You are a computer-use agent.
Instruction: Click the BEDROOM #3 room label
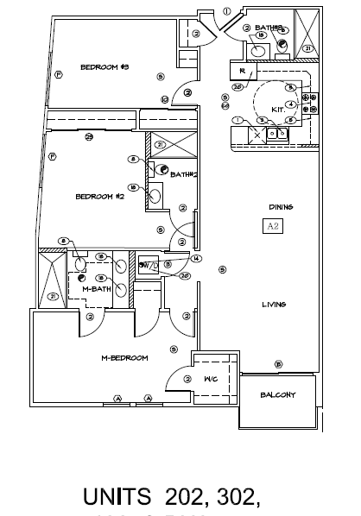pos(104,67)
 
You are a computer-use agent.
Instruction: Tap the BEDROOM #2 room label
pos(101,197)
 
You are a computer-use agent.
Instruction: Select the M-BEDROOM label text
pos(124,357)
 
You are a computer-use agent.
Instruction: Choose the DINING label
pos(281,207)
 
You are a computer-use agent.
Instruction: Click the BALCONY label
pos(278,395)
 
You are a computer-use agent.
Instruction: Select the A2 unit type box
pos(272,227)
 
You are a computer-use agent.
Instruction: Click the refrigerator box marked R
pos(243,72)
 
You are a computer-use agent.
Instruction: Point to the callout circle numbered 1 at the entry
pos(227,12)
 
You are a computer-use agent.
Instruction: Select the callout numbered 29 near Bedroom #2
pos(89,136)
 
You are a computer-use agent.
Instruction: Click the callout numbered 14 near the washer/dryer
pos(196,258)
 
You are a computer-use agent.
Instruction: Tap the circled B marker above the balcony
pos(277,364)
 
